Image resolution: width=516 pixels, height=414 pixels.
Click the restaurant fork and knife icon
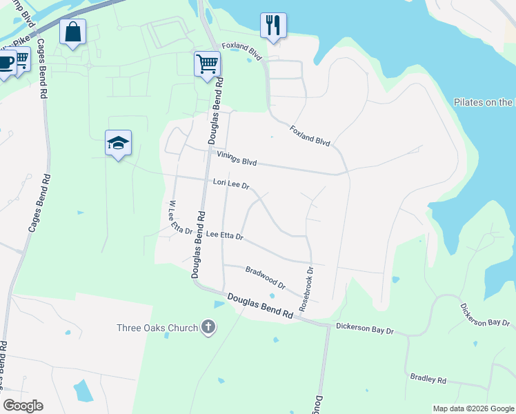pyautogui.click(x=273, y=26)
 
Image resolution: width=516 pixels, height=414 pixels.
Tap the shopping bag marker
pyautogui.click(x=72, y=32)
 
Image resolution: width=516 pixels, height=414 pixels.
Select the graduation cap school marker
pyautogui.click(x=118, y=143)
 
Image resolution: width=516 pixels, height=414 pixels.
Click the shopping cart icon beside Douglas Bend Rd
pyautogui.click(x=207, y=64)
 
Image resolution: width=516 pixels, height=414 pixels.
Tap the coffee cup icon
pyautogui.click(x=6, y=63)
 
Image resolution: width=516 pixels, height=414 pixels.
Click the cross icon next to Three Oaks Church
pyautogui.click(x=208, y=327)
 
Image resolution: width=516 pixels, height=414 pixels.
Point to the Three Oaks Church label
pyautogui.click(x=157, y=327)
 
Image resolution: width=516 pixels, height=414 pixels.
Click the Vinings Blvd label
pyautogui.click(x=237, y=159)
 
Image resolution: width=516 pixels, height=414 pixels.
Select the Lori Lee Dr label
pyautogui.click(x=230, y=185)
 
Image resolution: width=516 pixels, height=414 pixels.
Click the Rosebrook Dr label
pyautogui.click(x=306, y=288)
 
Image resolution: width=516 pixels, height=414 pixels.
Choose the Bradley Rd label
pyautogui.click(x=428, y=379)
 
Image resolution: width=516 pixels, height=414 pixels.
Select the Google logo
pyautogui.click(x=23, y=406)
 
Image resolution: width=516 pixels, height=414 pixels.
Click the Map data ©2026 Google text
pyautogui.click(x=473, y=408)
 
